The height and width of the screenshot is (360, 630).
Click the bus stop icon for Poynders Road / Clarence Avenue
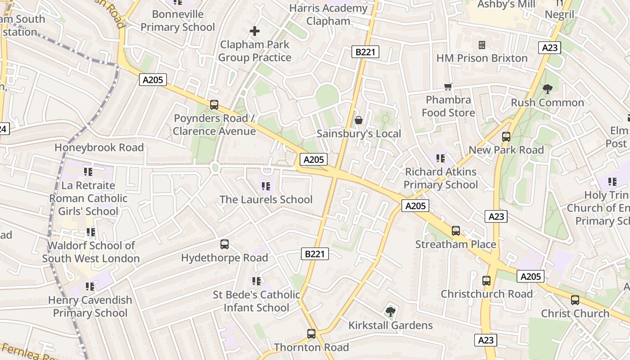(x=214, y=105)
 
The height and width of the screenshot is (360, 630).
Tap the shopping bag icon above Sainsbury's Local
(x=359, y=120)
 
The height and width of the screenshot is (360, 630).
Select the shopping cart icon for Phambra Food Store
(x=448, y=86)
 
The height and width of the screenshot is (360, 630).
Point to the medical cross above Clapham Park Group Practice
(x=255, y=31)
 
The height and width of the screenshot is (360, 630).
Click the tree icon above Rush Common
(x=547, y=89)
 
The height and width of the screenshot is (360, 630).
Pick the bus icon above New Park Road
(x=506, y=136)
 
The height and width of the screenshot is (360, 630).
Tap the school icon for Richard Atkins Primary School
(x=441, y=158)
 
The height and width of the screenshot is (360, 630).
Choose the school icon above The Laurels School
(x=266, y=186)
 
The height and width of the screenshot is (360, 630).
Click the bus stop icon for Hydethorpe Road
(x=224, y=244)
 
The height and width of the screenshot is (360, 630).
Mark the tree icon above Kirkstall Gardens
(x=390, y=311)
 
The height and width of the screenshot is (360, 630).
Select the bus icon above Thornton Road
(x=311, y=334)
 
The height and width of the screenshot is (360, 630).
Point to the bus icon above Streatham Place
(x=456, y=231)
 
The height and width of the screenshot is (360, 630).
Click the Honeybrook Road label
(x=99, y=148)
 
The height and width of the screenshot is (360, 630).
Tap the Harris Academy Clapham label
(x=328, y=14)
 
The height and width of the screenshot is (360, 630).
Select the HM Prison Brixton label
(x=481, y=58)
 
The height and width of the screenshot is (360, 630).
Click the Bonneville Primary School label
(x=178, y=21)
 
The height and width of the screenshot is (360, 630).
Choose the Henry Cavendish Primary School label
(x=90, y=306)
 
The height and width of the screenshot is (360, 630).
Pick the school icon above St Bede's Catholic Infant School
(x=256, y=281)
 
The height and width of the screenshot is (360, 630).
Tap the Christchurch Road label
(x=486, y=294)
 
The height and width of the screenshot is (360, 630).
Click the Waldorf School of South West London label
(x=91, y=252)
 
